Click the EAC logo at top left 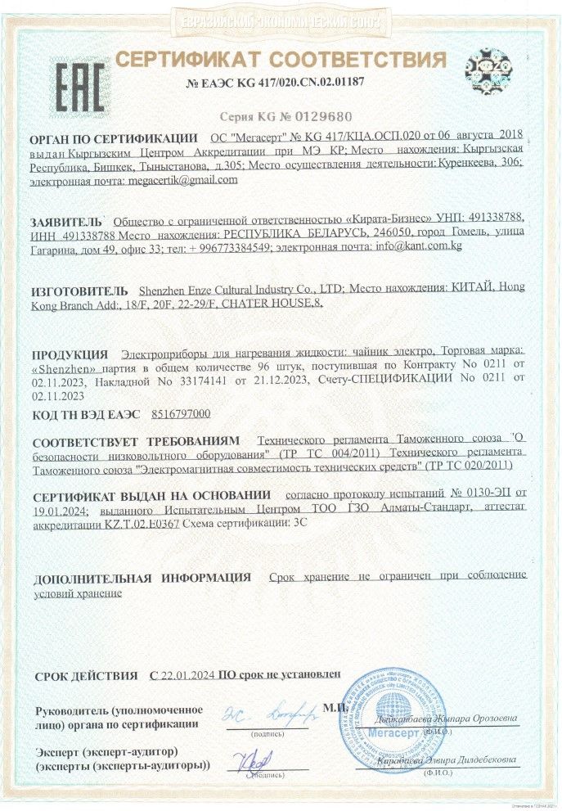(x=79, y=80)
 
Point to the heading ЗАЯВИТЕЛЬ (x=67, y=222)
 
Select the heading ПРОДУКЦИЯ (x=70, y=354)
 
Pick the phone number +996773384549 (x=228, y=247)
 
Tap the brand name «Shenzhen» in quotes (x=62, y=367)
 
